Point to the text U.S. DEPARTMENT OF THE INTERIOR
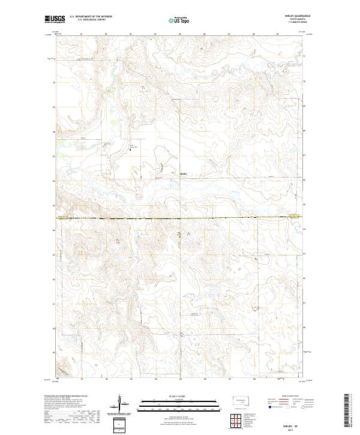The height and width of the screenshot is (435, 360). (91, 17)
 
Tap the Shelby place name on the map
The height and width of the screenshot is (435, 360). (184, 173)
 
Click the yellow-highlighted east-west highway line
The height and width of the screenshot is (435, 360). (180, 217)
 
